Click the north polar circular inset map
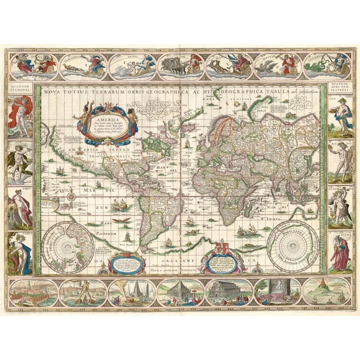(x=69, y=245)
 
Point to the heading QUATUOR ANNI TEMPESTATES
(x=340, y=87)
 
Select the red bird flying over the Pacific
(x=127, y=220)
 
